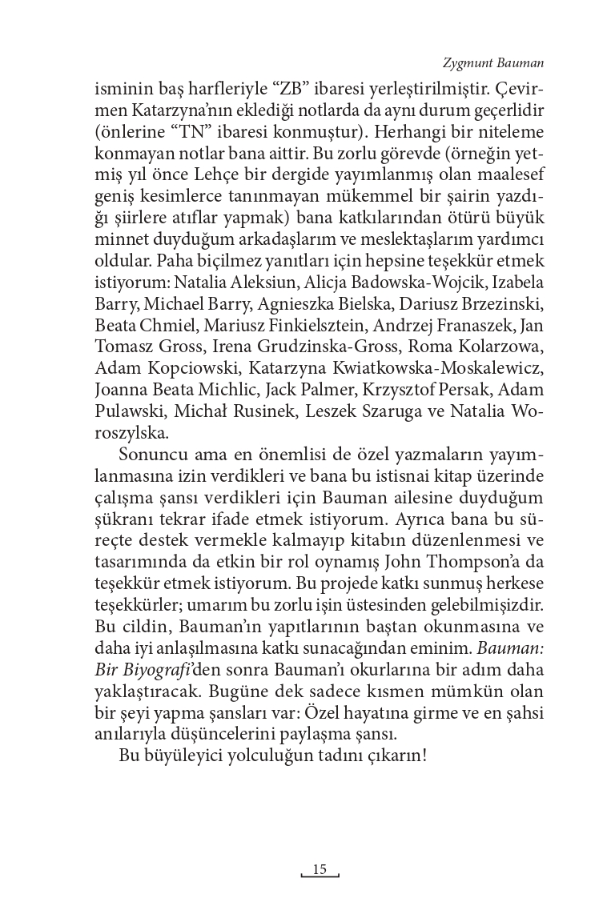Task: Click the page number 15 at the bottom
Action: (320, 868)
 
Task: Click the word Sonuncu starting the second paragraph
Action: (150, 455)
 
